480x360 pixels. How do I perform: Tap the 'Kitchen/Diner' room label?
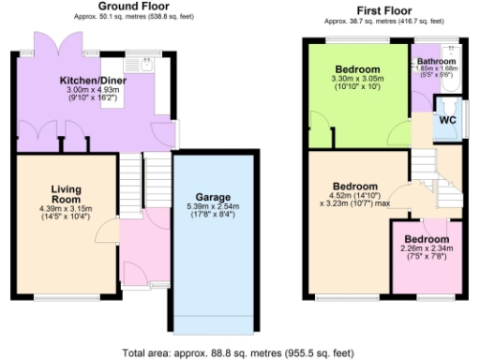pyautogui.click(x=93, y=81)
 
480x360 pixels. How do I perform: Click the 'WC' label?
pyautogui.click(x=447, y=120)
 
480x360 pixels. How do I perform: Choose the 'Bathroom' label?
pyautogui.click(x=437, y=61)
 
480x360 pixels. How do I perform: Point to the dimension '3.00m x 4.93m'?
pyautogui.click(x=93, y=91)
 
